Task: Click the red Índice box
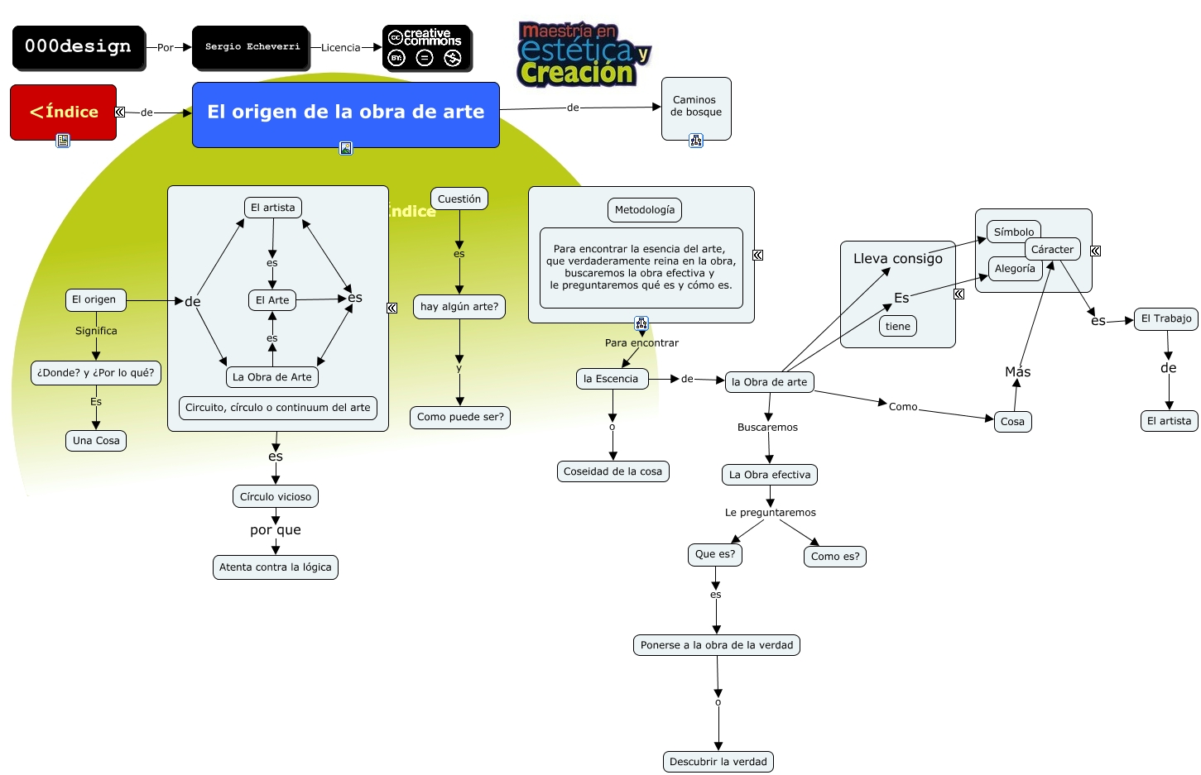[x=63, y=112]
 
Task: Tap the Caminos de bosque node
[x=696, y=106]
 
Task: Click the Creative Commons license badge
[x=427, y=48]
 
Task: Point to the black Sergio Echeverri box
[x=252, y=47]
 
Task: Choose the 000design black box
[x=79, y=47]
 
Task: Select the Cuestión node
[x=459, y=199]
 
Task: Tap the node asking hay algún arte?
[x=459, y=307]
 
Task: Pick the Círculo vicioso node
[x=276, y=497]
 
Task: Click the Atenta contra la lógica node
[x=276, y=567]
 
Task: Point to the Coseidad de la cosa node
[x=613, y=471]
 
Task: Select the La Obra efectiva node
[x=770, y=475]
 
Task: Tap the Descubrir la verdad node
[x=718, y=762]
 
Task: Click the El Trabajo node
[x=1166, y=318]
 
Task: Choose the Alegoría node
[x=1015, y=269]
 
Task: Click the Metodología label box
[x=645, y=210]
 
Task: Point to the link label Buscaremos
[x=767, y=428]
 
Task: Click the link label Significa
[x=96, y=331]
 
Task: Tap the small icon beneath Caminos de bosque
[x=696, y=141]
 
